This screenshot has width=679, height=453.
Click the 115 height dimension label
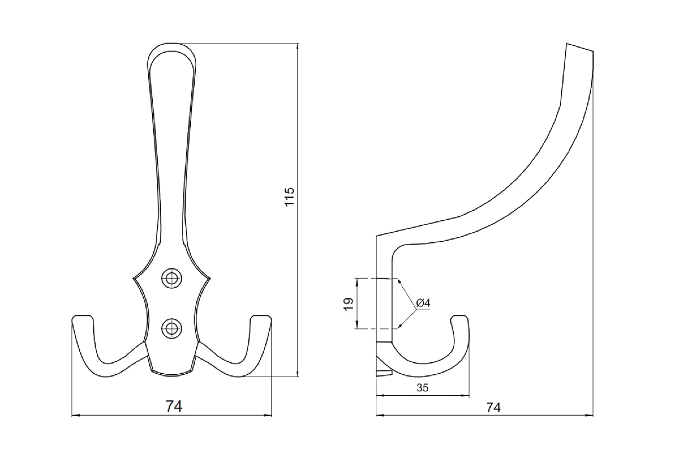coord(289,196)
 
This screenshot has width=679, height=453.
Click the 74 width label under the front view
coord(174,406)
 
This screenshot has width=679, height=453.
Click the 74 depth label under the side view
coord(493,407)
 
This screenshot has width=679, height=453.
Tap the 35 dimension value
coord(422,388)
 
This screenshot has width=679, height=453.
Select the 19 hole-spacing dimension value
coord(349,304)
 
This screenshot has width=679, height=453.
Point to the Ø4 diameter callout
coord(424,303)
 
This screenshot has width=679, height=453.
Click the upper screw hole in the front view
coord(172,279)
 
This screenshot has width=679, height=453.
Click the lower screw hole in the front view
coord(172,329)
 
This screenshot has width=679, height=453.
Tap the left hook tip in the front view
coord(83,316)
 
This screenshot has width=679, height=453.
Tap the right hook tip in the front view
coord(261,316)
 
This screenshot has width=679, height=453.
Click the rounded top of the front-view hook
coord(172,44)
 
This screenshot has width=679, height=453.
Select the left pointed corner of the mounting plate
coord(133,279)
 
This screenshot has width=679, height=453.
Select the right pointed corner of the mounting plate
coord(210,279)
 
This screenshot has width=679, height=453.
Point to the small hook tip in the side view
coord(459,316)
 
